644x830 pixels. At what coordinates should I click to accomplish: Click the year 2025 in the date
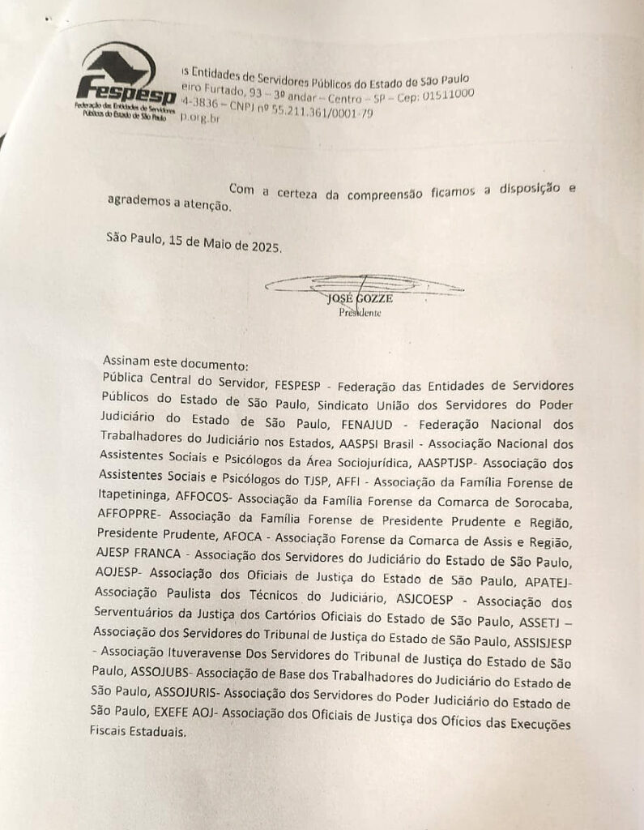point(263,246)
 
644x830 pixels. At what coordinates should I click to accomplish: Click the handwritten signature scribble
point(364,285)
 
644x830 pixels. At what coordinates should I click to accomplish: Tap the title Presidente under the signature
point(360,312)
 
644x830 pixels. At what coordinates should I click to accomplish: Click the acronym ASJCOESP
point(432,601)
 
